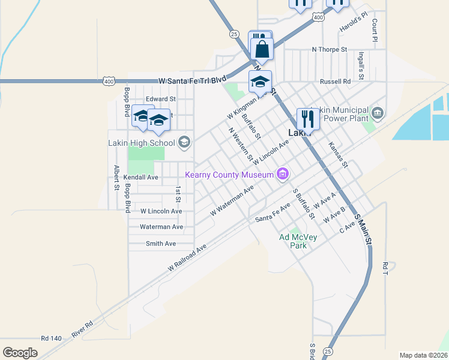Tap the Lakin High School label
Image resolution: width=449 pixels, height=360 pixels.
141,143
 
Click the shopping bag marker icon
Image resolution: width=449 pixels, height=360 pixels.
262,50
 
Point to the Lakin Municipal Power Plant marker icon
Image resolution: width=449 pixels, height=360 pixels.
377,112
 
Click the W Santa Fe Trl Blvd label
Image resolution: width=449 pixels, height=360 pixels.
192,80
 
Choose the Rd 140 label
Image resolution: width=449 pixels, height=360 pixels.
52,338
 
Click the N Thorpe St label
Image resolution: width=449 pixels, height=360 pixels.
330,49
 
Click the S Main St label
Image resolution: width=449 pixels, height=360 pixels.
364,227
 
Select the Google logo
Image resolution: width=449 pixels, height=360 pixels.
20,352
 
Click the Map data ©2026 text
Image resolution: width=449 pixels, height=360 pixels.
424,355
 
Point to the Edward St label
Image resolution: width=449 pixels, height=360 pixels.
160,98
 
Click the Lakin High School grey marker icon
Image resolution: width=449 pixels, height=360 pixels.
184,142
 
